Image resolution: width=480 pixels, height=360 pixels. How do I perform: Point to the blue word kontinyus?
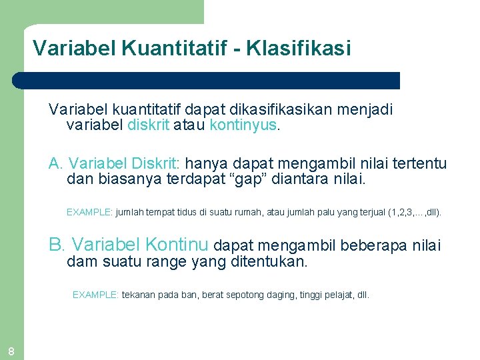tap(243, 125)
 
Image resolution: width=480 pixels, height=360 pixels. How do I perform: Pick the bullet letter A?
tap(55, 163)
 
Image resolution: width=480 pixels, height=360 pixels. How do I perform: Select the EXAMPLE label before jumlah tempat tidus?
tap(89, 213)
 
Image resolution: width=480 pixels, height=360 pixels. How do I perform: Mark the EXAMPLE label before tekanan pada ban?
tap(95, 295)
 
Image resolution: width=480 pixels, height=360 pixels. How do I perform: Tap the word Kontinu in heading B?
tap(176, 245)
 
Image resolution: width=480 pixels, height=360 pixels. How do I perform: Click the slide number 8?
tap(11, 351)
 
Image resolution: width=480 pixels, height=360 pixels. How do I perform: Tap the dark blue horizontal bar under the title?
tap(207, 81)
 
